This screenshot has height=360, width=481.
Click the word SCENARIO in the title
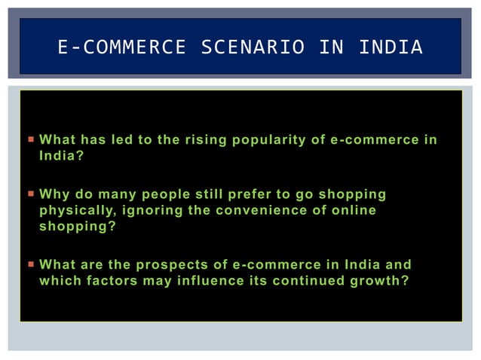[253, 47]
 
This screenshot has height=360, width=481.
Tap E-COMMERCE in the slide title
[121, 47]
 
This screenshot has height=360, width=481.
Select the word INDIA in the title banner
[391, 47]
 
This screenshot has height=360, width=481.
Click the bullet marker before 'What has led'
[30, 140]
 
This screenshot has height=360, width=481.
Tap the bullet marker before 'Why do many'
[30, 194]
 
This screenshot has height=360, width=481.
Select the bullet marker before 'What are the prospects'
[30, 265]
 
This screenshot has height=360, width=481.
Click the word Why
[53, 194]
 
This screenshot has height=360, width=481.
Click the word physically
[76, 210]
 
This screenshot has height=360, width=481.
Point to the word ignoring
[150, 210]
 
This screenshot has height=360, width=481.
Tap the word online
[353, 210]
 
